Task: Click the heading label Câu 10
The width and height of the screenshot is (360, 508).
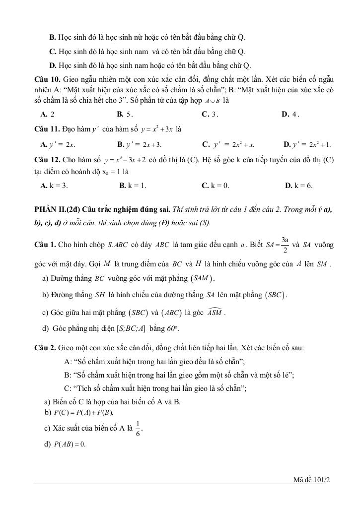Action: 48,79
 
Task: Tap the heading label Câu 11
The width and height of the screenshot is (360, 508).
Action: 48,129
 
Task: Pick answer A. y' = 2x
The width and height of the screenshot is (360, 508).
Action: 58,145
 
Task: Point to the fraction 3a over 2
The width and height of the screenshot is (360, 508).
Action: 285,245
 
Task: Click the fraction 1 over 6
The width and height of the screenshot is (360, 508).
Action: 138,428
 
